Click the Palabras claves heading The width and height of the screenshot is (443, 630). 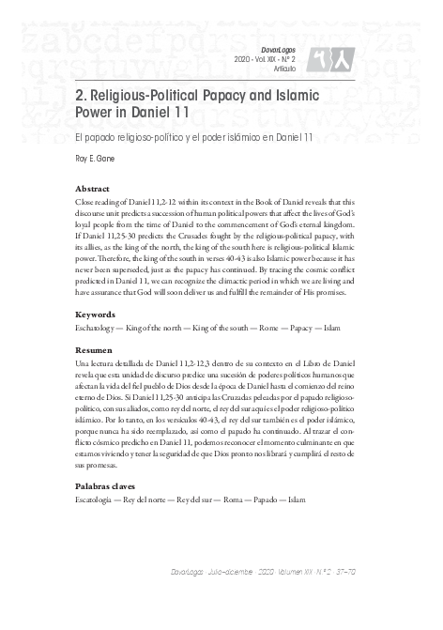pyautogui.click(x=105, y=486)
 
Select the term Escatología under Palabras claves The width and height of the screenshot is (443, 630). pyautogui.click(x=95, y=501)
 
